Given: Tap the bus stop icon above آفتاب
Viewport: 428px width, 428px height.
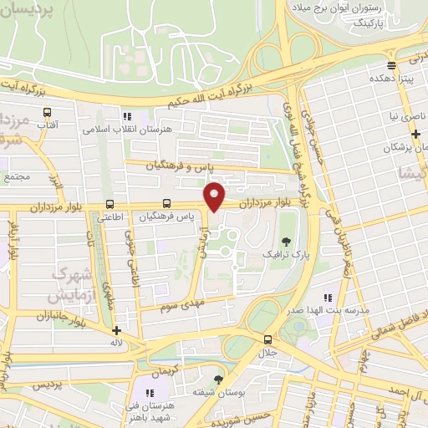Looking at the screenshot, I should pos(46,111).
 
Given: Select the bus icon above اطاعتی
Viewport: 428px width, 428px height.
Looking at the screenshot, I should pos(110,204).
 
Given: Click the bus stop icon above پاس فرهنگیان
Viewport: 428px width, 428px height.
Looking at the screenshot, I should pos(166,203).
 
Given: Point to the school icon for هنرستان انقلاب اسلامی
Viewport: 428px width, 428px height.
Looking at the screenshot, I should pos(127,117).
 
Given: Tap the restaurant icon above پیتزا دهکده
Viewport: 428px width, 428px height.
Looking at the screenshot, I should pos(391,65).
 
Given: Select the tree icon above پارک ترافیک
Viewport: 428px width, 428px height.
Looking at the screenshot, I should pos(286,241).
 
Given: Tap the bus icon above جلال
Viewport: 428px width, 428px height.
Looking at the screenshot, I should pos(267,339).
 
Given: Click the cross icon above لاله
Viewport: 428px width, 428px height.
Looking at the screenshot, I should pos(116,330).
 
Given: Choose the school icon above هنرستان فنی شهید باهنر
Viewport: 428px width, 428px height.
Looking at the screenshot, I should pos(151,393).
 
